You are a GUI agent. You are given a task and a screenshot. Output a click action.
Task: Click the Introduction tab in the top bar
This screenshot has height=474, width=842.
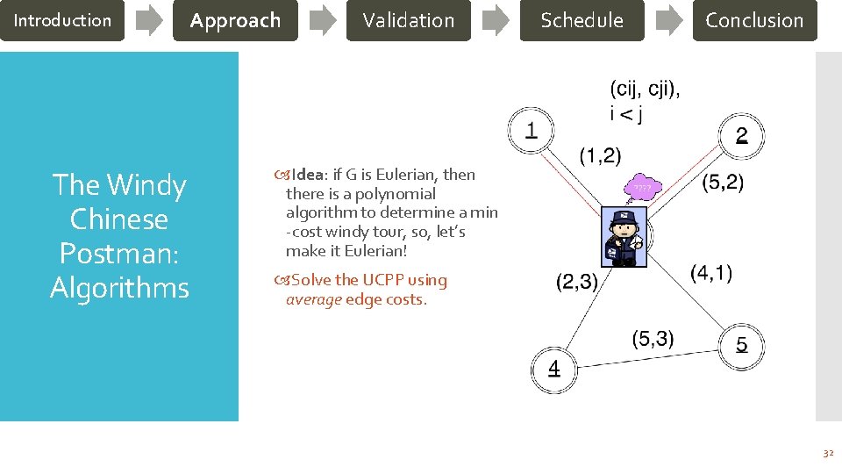[62, 20]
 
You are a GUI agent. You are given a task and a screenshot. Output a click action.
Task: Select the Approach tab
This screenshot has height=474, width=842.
[235, 20]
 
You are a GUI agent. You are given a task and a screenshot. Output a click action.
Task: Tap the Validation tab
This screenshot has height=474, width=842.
[409, 20]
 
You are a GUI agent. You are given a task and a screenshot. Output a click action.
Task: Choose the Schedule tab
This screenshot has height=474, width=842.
[582, 20]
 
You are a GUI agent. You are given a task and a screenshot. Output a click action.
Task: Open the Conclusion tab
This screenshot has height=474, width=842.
[754, 20]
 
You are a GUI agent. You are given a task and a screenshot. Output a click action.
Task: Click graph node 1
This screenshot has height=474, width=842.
[532, 132]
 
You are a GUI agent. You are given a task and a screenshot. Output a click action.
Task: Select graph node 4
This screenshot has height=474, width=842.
[553, 369]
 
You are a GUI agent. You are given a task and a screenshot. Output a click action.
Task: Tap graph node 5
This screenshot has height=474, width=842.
[742, 345]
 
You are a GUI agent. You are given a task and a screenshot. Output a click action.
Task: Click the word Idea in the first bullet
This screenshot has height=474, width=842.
[309, 175]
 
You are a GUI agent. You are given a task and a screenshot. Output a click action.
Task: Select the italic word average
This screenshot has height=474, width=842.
[314, 299]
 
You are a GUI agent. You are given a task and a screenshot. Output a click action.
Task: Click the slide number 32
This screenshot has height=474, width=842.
[827, 453]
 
